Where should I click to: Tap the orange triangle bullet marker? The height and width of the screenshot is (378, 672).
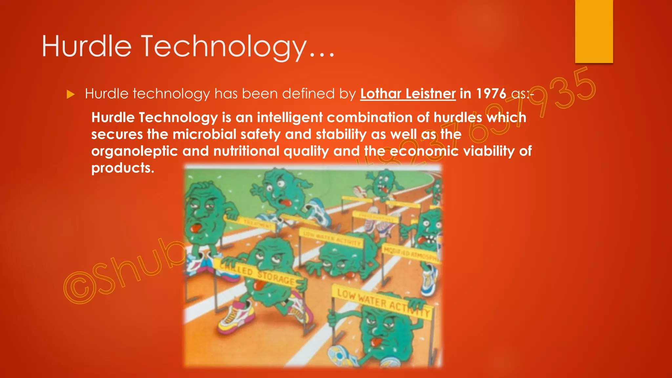click(x=71, y=94)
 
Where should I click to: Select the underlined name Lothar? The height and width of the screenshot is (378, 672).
click(x=380, y=94)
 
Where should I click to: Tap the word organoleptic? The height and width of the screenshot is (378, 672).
click(x=134, y=151)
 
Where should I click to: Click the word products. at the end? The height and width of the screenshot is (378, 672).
click(x=123, y=168)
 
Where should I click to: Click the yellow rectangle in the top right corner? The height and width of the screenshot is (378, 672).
click(x=594, y=31)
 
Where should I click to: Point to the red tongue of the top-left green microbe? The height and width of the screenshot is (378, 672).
click(x=196, y=228)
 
